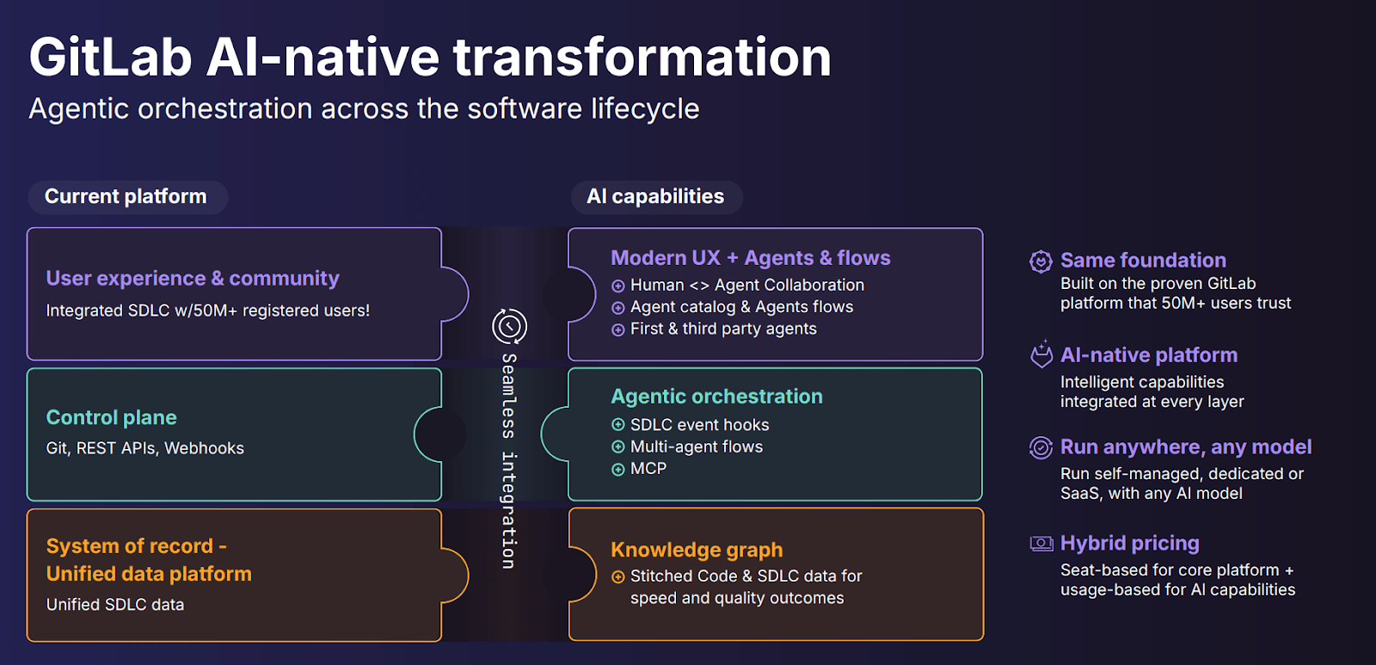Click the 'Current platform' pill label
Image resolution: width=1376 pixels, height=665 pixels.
point(126,197)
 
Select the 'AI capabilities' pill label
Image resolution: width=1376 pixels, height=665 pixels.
point(655,197)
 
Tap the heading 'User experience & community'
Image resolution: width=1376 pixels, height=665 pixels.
point(193,279)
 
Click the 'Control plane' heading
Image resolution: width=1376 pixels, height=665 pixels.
point(111,418)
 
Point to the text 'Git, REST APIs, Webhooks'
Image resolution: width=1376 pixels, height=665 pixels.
point(144,448)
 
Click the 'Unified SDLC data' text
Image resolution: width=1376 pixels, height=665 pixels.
point(115,605)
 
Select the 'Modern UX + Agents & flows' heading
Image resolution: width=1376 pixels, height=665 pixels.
point(750,258)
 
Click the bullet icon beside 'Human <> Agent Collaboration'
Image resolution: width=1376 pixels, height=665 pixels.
point(617,286)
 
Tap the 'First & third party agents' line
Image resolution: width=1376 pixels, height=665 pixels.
point(723,329)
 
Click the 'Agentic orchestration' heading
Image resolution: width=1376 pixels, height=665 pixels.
point(716,397)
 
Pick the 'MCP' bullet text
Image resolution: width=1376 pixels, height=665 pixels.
point(648,469)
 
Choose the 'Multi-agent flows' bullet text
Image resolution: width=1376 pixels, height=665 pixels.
point(697,446)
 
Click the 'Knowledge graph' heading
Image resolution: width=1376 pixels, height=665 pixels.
point(697,550)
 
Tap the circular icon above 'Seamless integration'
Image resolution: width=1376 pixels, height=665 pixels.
point(509,326)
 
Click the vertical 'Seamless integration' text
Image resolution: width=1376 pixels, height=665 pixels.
point(509,460)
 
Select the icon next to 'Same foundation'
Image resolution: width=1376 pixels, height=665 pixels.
point(1041,261)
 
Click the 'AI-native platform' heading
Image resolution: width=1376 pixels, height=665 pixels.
point(1148,355)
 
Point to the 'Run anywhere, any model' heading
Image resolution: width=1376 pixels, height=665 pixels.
point(1185,447)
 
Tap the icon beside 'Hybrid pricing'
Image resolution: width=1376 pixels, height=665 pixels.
point(1041,544)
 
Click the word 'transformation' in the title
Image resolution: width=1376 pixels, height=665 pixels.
point(642,58)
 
